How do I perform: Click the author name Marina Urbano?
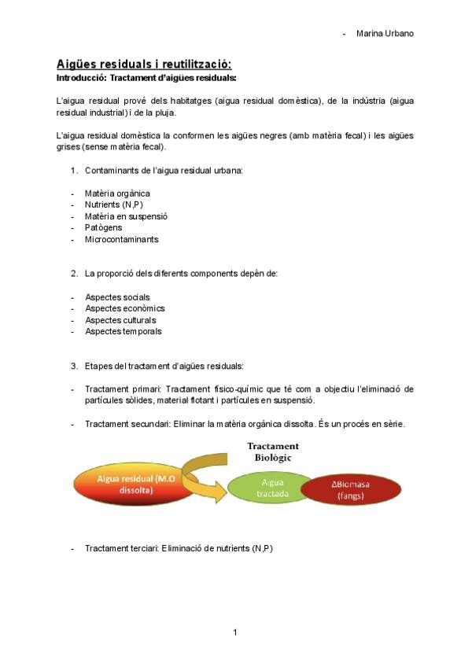385,33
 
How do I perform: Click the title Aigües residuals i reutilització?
144,64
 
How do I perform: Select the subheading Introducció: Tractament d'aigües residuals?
146,78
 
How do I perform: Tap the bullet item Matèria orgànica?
117,193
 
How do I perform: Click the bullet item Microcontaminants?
121,239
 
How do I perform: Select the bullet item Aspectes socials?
117,297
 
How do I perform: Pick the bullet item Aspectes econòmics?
124,308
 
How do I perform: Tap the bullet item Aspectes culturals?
120,320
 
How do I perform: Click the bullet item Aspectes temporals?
124,331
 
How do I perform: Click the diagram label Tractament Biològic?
272,451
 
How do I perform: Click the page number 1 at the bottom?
235,632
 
